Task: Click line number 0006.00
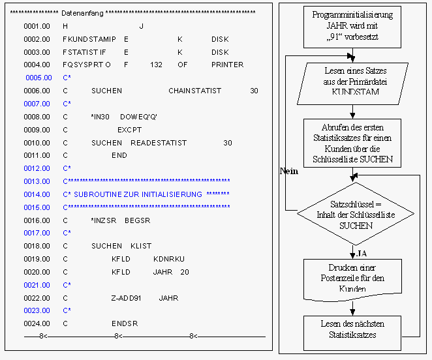click(x=37, y=91)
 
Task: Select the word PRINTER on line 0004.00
click(x=227, y=65)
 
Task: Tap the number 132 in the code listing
click(x=156, y=65)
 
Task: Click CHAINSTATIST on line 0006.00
click(x=194, y=91)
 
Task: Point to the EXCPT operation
click(x=129, y=130)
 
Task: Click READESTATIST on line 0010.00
click(x=159, y=143)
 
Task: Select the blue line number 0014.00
click(x=37, y=194)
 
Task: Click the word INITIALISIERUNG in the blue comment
click(x=168, y=194)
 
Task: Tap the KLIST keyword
click(x=141, y=246)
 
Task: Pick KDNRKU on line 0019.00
click(x=169, y=259)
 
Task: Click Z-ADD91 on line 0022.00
click(x=126, y=298)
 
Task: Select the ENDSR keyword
click(x=125, y=323)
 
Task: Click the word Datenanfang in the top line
click(x=82, y=13)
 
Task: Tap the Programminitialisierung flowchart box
click(x=352, y=27)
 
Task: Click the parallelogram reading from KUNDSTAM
click(x=352, y=83)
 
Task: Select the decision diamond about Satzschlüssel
click(x=356, y=214)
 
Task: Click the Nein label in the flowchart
click(x=289, y=172)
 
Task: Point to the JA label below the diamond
click(x=362, y=254)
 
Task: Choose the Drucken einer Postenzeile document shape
click(x=352, y=280)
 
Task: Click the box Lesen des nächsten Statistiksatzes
click(x=352, y=333)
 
